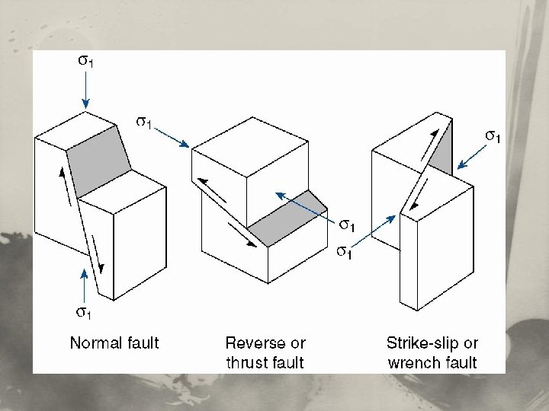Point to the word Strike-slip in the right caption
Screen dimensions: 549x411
point(421,343)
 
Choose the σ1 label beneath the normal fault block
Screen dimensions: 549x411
point(82,311)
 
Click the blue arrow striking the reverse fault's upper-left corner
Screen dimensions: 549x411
point(172,136)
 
